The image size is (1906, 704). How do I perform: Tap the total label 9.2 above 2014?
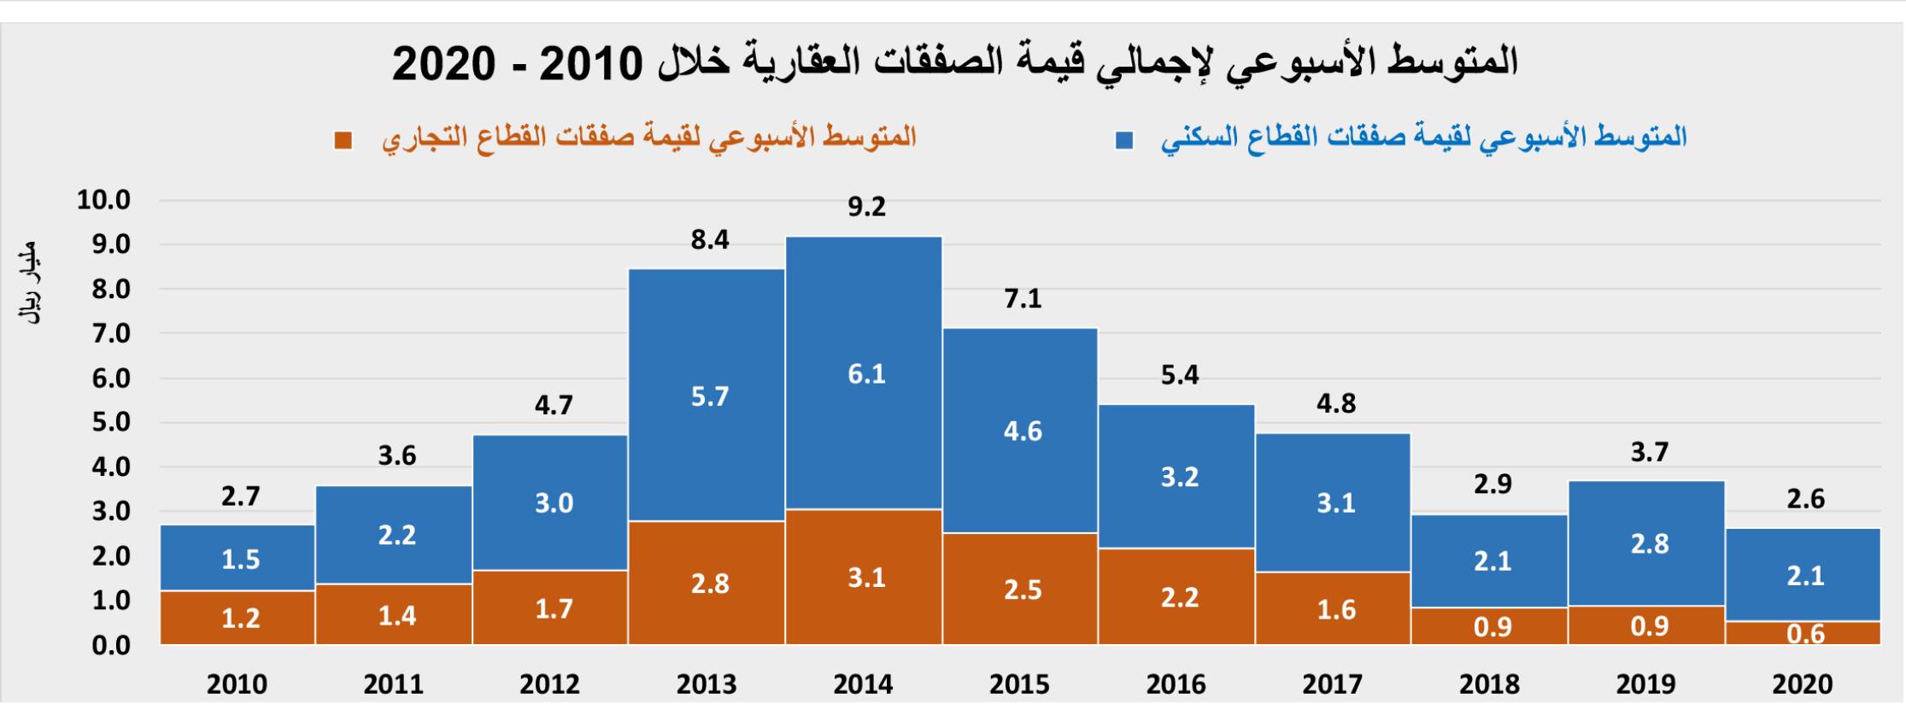point(866,207)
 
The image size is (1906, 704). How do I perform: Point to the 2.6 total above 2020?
point(1805,499)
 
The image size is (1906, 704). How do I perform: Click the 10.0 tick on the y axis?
point(104,201)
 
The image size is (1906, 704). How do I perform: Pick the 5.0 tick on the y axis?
point(111,423)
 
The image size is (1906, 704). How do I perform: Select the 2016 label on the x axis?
point(1176,684)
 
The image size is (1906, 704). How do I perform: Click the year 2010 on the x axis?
point(237,684)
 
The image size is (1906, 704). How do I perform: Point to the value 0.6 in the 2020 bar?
point(1805,634)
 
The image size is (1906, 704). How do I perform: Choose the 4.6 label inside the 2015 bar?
point(1023,431)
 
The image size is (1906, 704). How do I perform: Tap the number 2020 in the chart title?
point(443,63)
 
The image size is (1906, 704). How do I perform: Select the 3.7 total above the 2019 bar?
point(1649,452)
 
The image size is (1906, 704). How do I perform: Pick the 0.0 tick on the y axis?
point(111,645)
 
